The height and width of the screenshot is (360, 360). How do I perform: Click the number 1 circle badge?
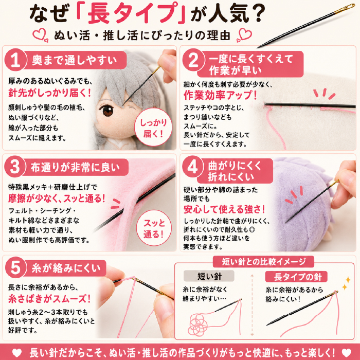[x=15, y=60]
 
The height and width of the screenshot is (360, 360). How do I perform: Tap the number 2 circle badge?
[x=193, y=60]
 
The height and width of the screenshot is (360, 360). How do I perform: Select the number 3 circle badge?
[x=15, y=167]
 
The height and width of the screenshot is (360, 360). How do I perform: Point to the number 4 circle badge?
[x=193, y=167]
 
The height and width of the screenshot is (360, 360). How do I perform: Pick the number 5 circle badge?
[x=15, y=267]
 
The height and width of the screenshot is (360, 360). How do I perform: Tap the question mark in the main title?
[x=257, y=13]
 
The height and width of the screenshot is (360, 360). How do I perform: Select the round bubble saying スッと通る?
[x=154, y=228]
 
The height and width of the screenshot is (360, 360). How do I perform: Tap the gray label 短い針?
[x=209, y=276]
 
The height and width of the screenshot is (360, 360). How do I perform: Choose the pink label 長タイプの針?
[x=296, y=277]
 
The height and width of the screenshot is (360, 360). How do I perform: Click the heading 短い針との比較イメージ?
[x=263, y=261]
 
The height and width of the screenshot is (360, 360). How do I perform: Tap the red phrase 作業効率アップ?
[x=220, y=95]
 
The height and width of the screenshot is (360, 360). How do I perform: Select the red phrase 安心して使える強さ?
[x=224, y=209]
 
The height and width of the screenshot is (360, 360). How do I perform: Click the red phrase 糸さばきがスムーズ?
[x=49, y=298]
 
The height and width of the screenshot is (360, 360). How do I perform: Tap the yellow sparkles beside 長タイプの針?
[x=346, y=283]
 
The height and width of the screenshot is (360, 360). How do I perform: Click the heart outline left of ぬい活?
[x=41, y=34]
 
